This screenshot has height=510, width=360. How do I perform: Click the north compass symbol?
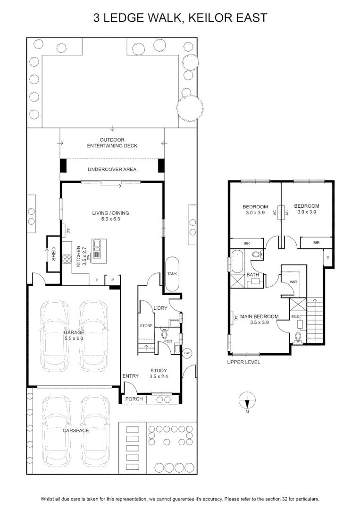(247, 400)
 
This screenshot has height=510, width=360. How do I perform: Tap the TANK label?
(172, 273)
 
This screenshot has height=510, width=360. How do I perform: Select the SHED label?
(54, 254)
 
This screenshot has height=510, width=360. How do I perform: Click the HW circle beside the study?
(187, 353)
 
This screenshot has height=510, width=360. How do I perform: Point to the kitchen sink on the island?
(97, 249)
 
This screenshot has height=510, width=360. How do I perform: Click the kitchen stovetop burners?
(67, 259)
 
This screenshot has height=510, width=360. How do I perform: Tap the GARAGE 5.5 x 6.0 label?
(74, 335)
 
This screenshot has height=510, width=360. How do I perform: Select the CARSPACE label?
(75, 430)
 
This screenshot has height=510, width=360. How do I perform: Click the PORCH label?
(134, 399)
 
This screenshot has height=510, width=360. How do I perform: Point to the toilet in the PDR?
(164, 333)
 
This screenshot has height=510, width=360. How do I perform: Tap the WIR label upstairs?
(293, 282)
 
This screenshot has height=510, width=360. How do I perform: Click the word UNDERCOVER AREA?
(112, 169)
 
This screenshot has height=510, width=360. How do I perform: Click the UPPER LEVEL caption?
(243, 362)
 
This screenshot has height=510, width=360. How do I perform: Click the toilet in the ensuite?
(297, 337)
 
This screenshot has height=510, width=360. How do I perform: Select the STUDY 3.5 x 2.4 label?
(159, 374)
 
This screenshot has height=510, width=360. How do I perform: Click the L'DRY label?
(160, 308)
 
